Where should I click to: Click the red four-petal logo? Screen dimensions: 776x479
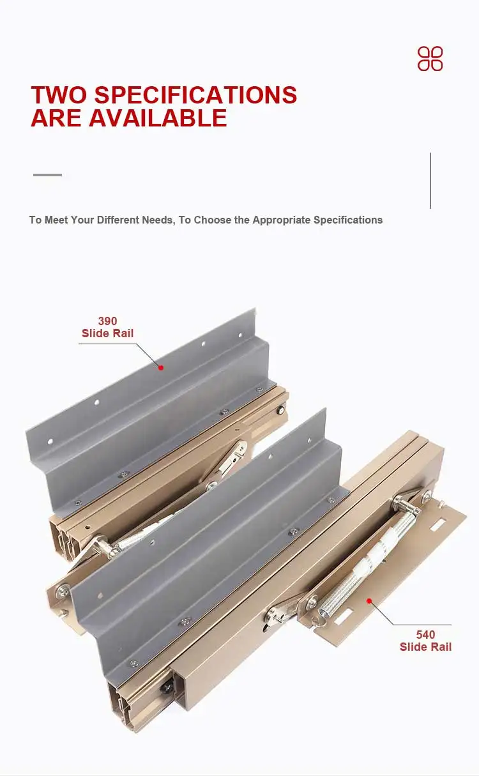point(430,59)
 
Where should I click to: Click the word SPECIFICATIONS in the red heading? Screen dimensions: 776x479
point(195,95)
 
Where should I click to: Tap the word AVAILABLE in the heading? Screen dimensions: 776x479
point(158,118)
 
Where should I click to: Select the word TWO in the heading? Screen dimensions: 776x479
point(59,95)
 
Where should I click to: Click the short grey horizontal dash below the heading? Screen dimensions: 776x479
point(47,174)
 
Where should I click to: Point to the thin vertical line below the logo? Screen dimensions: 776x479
point(430,180)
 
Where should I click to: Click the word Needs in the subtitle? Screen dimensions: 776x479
point(155,220)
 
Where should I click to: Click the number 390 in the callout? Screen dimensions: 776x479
point(107,321)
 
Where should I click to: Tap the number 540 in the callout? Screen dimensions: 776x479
point(425,635)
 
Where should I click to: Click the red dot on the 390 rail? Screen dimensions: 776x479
point(161,367)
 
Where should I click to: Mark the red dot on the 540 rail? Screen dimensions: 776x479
point(369,601)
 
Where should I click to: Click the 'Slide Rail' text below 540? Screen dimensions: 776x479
point(425,647)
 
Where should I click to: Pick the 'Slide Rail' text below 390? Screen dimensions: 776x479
point(107,333)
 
